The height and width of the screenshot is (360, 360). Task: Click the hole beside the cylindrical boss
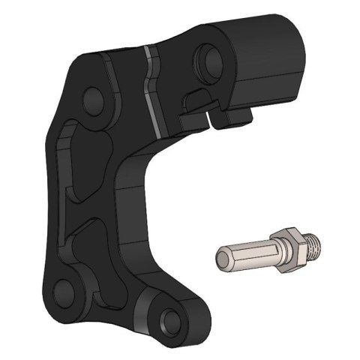pyautogui.click(x=206, y=57)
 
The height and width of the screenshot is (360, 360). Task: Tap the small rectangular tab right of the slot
pyautogui.click(x=232, y=113)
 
